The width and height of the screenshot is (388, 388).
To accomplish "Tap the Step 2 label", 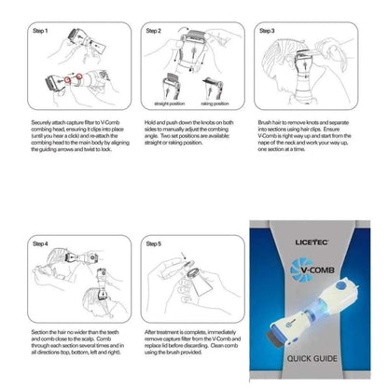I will pyautogui.click(x=154, y=31).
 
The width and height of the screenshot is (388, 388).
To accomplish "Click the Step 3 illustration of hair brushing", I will pyautogui.click(x=300, y=75).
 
